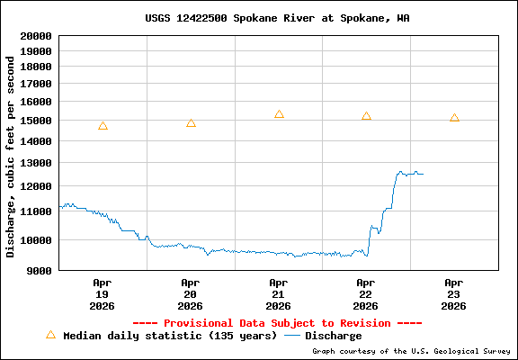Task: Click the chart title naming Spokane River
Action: click(x=277, y=18)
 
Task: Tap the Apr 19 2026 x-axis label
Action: click(x=102, y=293)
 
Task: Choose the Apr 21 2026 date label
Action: click(x=278, y=293)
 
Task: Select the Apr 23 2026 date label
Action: click(x=454, y=293)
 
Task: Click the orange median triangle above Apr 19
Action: click(x=103, y=126)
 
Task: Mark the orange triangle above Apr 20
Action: click(x=191, y=123)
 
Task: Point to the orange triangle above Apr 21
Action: click(x=279, y=114)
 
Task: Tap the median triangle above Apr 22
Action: click(x=366, y=116)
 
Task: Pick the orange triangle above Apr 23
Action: click(x=454, y=118)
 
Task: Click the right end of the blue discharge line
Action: click(x=422, y=174)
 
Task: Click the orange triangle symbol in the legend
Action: click(x=50, y=335)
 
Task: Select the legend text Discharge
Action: click(x=333, y=336)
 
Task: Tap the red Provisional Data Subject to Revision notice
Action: click(x=277, y=322)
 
